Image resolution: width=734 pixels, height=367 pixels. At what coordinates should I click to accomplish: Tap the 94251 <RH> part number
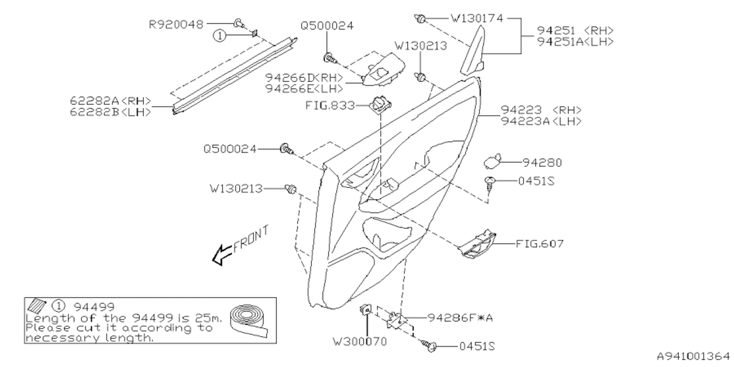(575, 30)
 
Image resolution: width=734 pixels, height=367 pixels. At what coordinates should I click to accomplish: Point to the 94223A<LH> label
(541, 121)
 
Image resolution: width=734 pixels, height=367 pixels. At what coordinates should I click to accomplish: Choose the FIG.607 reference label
(540, 244)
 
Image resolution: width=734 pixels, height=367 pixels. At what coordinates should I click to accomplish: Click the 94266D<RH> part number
(303, 77)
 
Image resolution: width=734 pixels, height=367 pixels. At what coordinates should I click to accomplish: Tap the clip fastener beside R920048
(239, 24)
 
